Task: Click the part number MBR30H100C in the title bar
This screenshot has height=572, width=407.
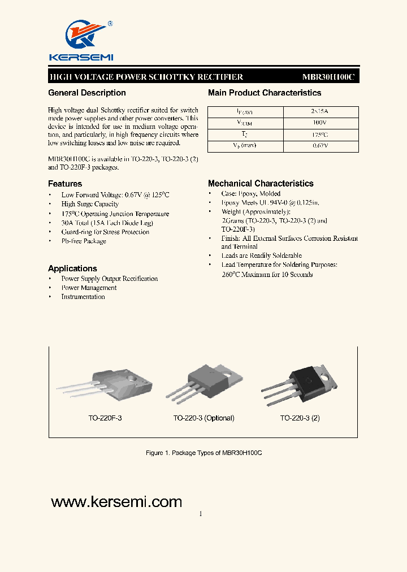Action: (328, 77)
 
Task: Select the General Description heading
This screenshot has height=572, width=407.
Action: (87, 93)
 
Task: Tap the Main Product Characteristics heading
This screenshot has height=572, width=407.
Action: (265, 93)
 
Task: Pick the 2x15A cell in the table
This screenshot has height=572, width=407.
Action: (320, 112)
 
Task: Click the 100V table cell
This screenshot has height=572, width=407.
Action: (320, 123)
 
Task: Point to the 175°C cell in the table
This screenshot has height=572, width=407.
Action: (320, 135)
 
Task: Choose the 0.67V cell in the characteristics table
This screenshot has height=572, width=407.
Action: (320, 146)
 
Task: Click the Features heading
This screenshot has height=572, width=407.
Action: (65, 184)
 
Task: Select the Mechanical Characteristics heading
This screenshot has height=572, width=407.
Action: (261, 183)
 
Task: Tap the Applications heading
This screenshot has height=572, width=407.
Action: (72, 268)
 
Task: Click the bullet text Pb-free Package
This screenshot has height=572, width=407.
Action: (84, 241)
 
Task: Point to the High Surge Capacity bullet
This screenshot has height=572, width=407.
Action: (90, 204)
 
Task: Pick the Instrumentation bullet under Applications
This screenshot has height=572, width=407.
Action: (83, 297)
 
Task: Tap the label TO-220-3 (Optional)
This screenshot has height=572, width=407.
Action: (203, 418)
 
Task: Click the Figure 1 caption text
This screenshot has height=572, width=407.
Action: (203, 453)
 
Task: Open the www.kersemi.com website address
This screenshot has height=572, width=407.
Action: (116, 502)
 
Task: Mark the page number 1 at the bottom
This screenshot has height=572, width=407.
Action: (201, 514)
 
